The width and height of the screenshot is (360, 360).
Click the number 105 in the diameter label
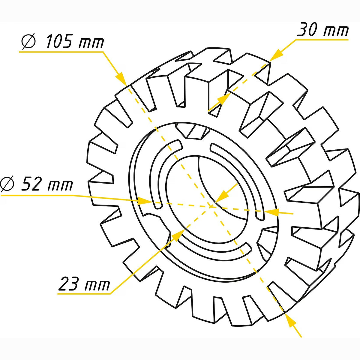click(x=59, y=41)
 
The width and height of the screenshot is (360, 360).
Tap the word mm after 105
click(x=91, y=43)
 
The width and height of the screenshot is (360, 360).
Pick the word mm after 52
click(x=60, y=186)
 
